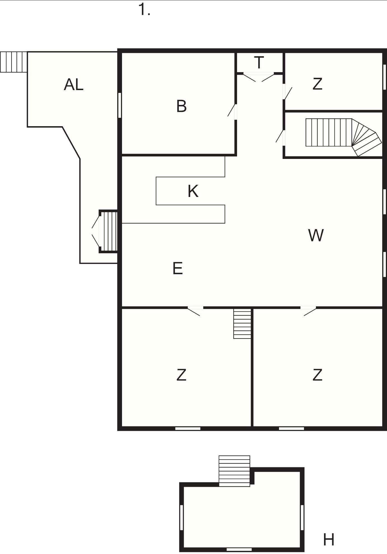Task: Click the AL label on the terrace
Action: (x=74, y=84)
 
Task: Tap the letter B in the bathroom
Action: (x=182, y=106)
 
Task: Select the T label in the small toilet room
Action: (x=259, y=62)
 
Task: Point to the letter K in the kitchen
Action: (x=193, y=191)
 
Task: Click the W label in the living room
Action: (x=316, y=235)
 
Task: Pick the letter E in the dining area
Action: (x=178, y=268)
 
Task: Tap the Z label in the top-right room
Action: (x=317, y=84)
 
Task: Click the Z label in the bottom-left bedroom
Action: (x=181, y=375)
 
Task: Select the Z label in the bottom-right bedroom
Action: (x=317, y=375)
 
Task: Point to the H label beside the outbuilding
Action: (x=329, y=540)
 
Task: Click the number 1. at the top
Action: (x=144, y=10)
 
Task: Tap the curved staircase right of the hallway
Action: (x=343, y=137)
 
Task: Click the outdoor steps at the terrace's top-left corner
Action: (x=13, y=62)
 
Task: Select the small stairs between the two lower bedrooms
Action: (x=242, y=324)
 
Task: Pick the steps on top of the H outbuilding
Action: (x=234, y=471)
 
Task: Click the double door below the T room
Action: (x=259, y=77)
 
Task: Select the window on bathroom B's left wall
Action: (x=119, y=105)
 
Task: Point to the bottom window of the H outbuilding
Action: (x=239, y=550)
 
